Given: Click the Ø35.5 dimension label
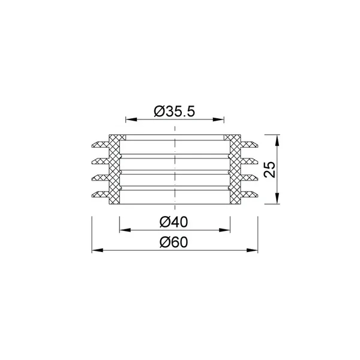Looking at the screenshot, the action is pos(175,112).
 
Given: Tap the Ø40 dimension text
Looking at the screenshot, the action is pos(174,222).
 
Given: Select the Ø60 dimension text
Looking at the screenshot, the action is pos(174,242).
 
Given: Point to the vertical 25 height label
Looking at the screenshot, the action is pos(270,169).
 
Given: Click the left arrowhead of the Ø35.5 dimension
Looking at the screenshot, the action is pos(131,119).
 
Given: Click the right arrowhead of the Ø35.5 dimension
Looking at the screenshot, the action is pos(218,119).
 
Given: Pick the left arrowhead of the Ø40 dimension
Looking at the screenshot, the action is pos(125,230).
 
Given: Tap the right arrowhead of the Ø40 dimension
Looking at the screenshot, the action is pos(224,230).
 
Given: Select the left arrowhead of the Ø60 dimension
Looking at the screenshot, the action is pos(98,250).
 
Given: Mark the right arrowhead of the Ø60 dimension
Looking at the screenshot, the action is pos(252,250).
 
